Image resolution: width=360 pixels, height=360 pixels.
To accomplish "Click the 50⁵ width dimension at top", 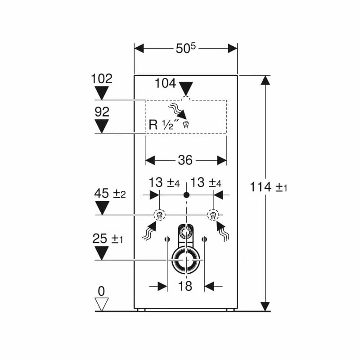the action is coord(186,49).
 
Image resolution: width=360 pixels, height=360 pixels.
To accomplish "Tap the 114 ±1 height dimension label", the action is coord(268,187).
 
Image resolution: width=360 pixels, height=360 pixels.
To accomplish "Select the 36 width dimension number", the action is coord(185,160).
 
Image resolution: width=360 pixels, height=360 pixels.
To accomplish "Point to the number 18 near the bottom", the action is coord(185,286).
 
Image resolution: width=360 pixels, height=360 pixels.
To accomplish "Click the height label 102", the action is coord(102,79).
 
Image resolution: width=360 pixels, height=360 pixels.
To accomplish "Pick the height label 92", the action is coord(102,112).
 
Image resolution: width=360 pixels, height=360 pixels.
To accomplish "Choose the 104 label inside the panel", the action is coord(165,83).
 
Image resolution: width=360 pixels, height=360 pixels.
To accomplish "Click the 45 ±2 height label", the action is coord(110,193).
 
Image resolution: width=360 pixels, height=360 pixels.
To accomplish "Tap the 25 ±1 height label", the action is coord(108,238).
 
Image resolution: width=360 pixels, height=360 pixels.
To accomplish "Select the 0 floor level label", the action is coord(101,292).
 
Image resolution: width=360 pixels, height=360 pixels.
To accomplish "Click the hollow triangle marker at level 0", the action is coord(102,305).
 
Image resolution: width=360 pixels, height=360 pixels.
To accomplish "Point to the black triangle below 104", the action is coord(186,89).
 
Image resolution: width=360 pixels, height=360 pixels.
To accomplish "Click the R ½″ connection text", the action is coord(164,125).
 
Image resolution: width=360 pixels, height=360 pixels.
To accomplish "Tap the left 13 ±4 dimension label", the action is coord(164,183).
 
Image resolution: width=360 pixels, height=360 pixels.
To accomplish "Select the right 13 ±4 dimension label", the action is coord(206,183).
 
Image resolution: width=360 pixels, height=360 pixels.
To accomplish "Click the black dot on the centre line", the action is coord(186,195).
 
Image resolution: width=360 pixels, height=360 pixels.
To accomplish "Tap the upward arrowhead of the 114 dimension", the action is coord(265,80).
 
